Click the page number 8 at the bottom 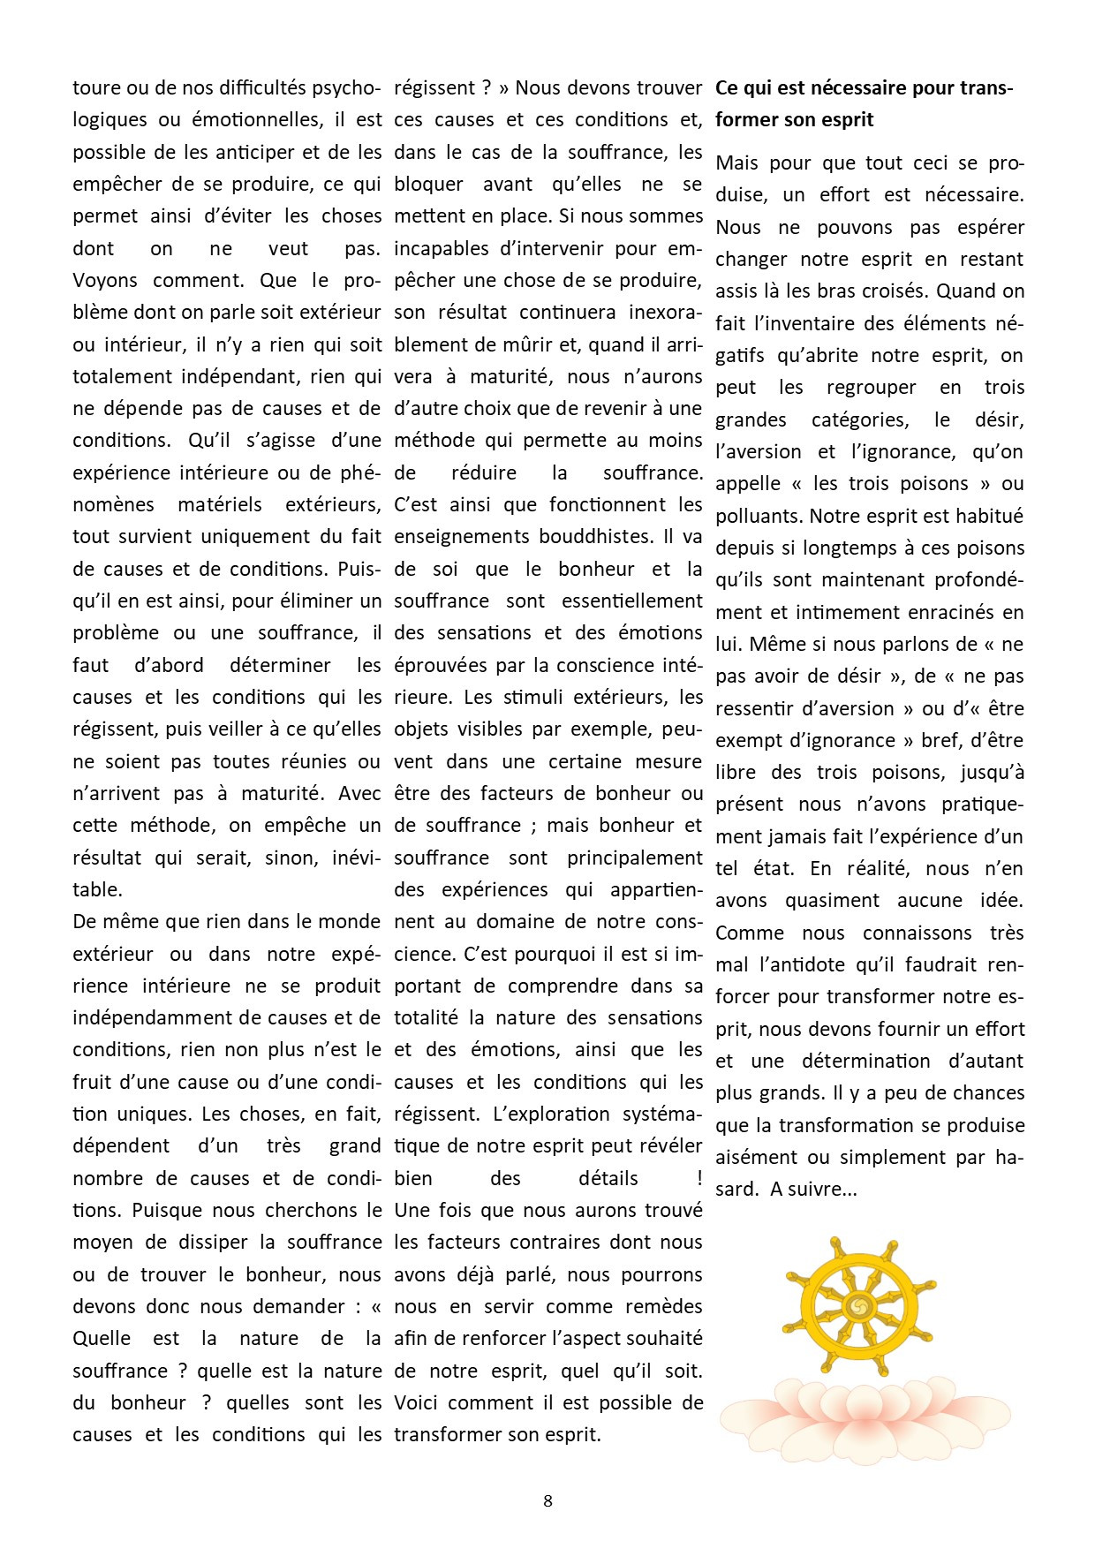(x=547, y=1500)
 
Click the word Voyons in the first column (x=105, y=281)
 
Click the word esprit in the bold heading (x=845, y=120)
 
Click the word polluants (x=759, y=517)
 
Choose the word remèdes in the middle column (x=663, y=1307)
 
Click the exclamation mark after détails (x=699, y=1179)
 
